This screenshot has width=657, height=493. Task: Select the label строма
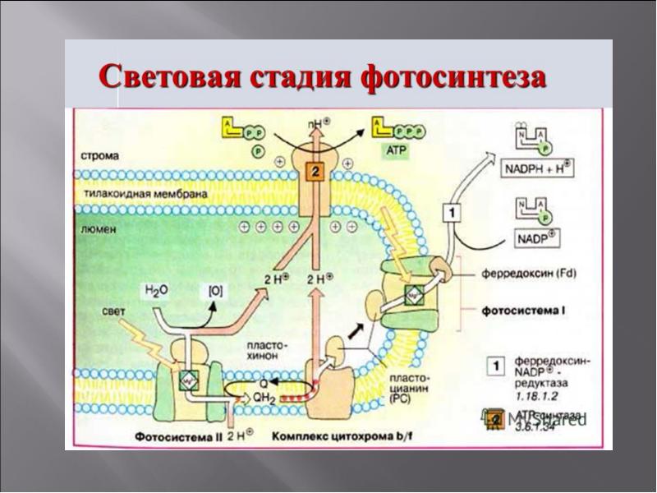(100, 154)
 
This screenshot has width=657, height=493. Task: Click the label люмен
(99, 231)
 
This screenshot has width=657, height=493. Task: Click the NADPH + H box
(536, 170)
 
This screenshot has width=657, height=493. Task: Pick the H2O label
(158, 291)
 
